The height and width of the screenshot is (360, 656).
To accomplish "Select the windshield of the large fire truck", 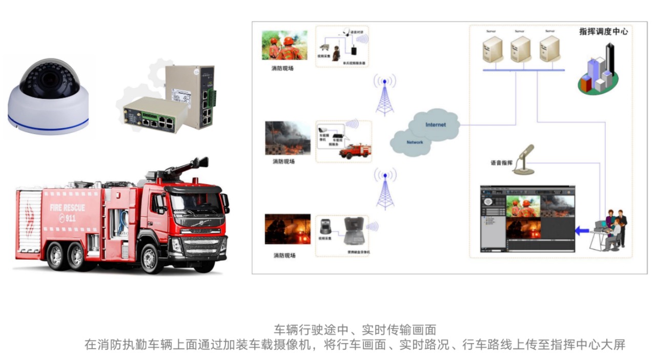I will pos(197,203).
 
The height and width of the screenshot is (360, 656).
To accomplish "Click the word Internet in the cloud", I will pos(435,125).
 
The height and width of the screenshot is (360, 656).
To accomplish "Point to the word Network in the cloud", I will pos(415,142).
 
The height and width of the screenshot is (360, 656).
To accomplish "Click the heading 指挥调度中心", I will pos(603,31).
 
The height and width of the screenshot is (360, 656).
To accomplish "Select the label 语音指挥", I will pos(501,163).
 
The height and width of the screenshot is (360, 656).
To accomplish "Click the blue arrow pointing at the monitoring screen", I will pos(582,231).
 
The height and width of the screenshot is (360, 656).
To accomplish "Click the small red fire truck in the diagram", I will pos(355,150).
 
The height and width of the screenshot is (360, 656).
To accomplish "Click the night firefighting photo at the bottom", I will pos(288,229).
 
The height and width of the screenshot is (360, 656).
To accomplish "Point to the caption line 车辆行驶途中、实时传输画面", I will pos(355,329).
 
